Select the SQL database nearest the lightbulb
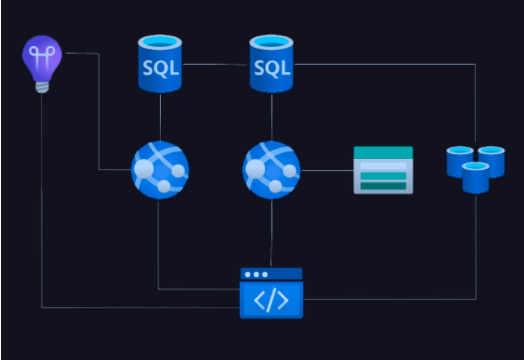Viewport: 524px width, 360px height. coord(160,63)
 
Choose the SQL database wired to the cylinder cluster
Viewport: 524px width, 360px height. coord(271,63)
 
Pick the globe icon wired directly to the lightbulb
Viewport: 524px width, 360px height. coord(160,170)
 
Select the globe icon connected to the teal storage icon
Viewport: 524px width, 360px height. coord(271,170)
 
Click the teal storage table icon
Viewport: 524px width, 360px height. coord(383,170)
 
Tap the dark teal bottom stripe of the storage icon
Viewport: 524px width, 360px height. coord(383,186)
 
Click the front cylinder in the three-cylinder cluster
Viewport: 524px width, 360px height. coord(476,177)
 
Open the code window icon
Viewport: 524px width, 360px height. coord(271,293)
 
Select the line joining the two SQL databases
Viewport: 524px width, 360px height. coord(215,65)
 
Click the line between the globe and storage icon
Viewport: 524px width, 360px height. coord(327,170)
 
